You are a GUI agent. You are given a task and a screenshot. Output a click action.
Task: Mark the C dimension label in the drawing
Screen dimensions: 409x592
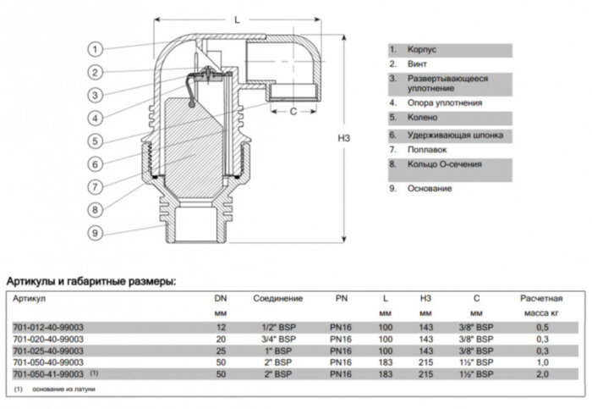coord(293,110)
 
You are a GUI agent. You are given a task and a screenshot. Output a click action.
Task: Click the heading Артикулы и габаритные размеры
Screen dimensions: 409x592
coord(91,280)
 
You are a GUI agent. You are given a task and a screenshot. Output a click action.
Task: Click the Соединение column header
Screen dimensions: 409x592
coord(278,299)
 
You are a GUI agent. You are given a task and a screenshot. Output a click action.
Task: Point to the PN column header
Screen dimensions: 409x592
coord(343,299)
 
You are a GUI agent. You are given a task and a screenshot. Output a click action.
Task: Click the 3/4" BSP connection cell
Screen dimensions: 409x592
coord(278,338)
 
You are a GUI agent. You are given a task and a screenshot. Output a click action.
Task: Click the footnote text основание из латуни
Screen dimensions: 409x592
coord(64,389)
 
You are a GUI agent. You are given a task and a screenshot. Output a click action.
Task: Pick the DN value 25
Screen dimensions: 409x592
coord(220,349)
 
